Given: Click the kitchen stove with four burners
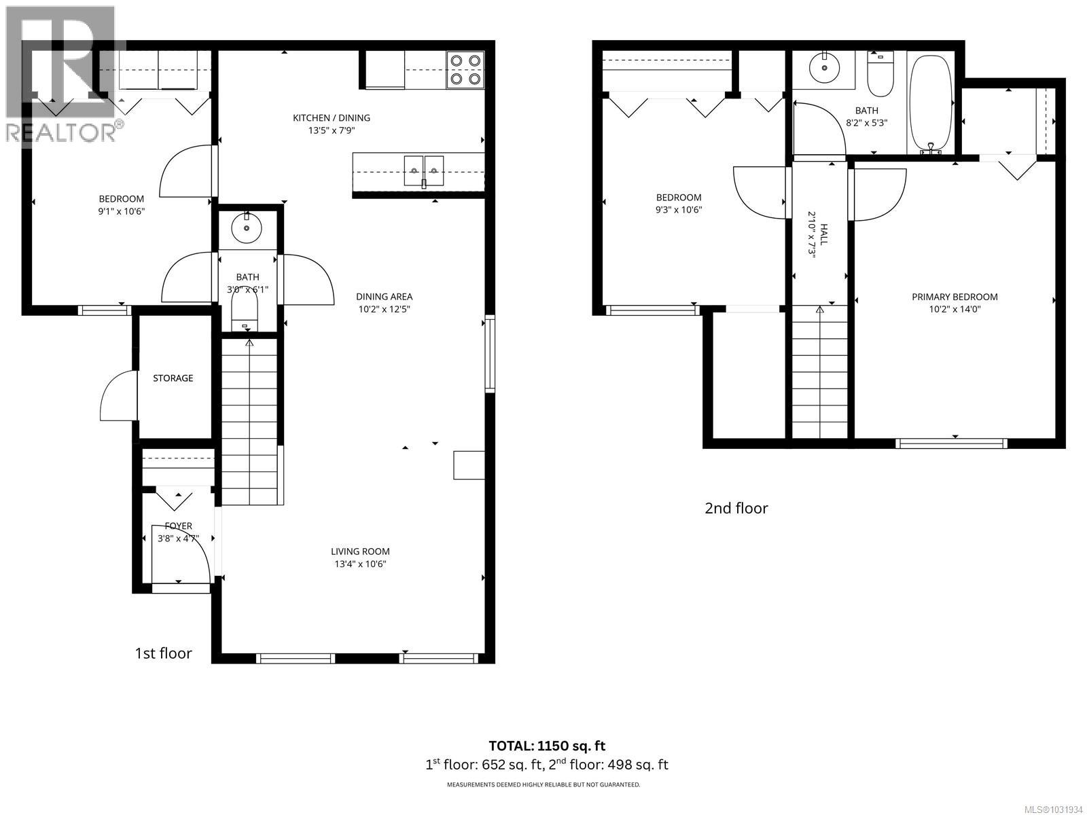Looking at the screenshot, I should coord(465,70).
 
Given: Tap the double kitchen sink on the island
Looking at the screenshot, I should coord(423,170).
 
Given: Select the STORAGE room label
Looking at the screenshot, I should coord(173,378).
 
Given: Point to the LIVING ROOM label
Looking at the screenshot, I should coord(360,551).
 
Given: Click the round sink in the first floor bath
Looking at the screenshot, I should coord(247,229).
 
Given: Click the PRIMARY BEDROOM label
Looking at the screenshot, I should coord(955,297).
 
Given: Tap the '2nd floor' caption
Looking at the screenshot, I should coord(736,508).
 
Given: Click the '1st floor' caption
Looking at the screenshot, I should coord(163,653).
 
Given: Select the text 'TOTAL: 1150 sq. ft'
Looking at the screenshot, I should coord(547,746).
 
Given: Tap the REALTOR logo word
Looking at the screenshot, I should coord(61,132).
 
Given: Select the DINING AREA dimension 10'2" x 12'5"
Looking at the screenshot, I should coord(385,309).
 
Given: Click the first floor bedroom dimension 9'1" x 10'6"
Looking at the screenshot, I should coord(122,211).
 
